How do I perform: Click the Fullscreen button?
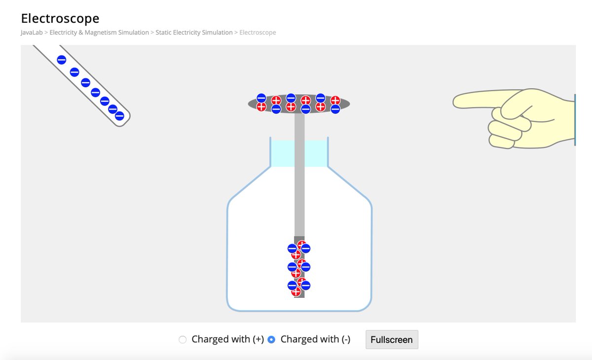pos(392,340)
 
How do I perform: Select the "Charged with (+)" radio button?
pos(183,340)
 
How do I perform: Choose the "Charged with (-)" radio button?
pos(271,340)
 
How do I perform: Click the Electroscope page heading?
pos(60,19)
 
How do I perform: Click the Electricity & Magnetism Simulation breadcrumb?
pos(99,33)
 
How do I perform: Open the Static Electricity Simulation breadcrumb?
pos(194,33)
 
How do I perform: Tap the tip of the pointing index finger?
pos(457,102)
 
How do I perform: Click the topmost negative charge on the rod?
pos(62,60)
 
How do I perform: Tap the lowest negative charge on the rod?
pos(119,116)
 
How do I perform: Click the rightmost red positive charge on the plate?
pos(335,101)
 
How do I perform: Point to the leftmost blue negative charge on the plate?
pos(261,98)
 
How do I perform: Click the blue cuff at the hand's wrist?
pos(575,120)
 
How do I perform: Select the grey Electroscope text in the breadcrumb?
pos(258,33)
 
